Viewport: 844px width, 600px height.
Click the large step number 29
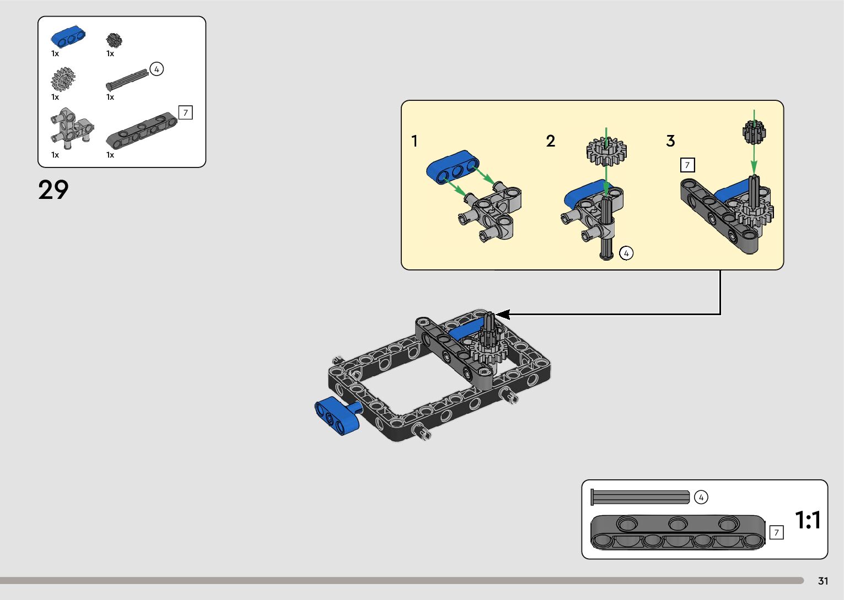coord(53,190)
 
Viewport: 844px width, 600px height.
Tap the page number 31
coord(823,581)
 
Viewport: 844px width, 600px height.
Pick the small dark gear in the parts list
coord(114,40)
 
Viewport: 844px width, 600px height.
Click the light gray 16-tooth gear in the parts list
coord(63,79)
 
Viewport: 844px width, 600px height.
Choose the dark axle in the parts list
coord(127,80)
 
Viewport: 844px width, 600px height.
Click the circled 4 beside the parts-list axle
coord(157,69)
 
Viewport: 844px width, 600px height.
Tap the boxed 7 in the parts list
coord(185,112)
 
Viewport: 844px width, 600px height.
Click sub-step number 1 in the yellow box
coord(415,141)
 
